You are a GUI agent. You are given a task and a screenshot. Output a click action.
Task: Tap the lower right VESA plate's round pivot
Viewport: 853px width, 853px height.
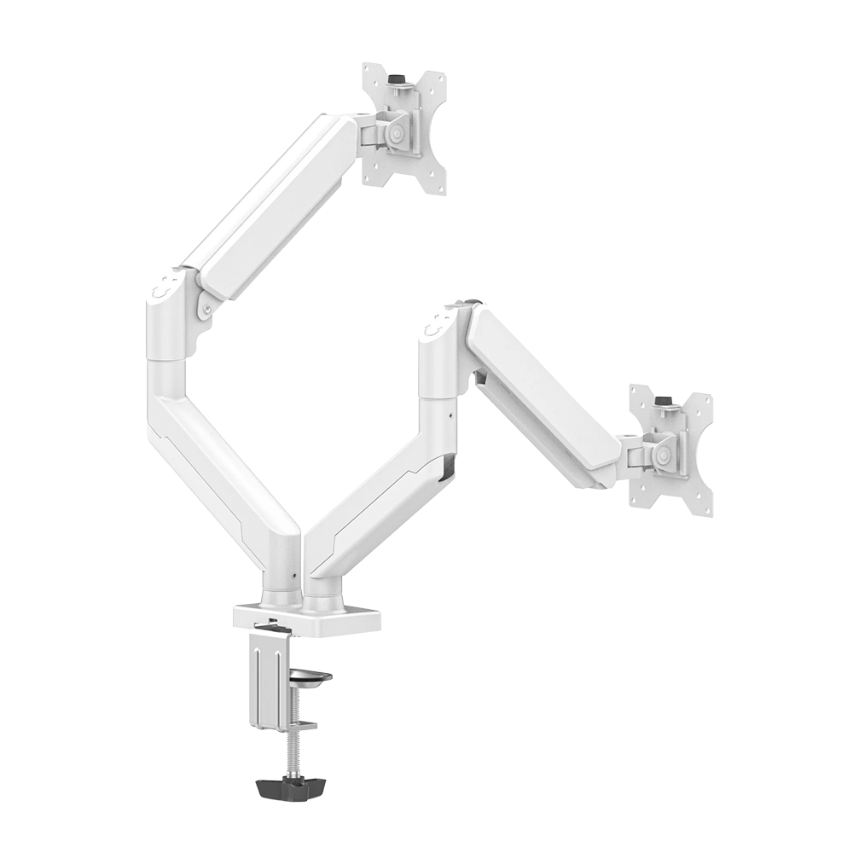click(662, 453)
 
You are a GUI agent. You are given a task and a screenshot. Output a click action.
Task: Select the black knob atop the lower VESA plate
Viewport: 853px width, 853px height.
click(661, 399)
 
